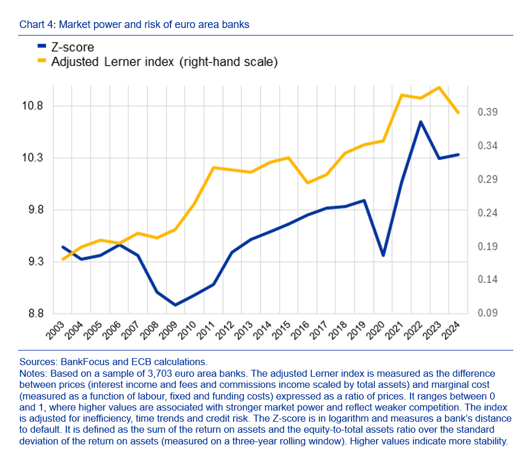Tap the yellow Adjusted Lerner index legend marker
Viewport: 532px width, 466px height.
pos(41,61)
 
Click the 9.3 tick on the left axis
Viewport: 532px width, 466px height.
pos(33,262)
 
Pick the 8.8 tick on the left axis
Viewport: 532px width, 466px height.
pos(33,314)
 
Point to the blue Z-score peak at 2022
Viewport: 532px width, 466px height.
pos(420,122)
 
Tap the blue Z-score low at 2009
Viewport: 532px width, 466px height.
pos(175,304)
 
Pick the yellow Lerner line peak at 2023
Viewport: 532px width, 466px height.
pos(439,87)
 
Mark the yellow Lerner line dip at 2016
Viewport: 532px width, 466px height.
pos(308,183)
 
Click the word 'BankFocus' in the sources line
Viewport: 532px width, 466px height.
pos(75,362)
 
